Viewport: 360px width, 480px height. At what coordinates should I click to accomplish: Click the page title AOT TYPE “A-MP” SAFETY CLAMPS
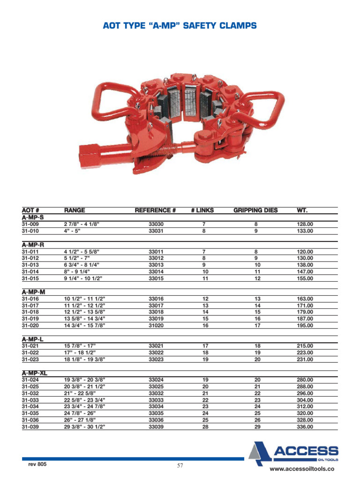[x=180, y=26]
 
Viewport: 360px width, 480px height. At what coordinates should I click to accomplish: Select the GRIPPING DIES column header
[x=255, y=210]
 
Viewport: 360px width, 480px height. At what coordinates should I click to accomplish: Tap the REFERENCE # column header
[x=155, y=210]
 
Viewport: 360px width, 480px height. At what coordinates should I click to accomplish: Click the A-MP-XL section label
[x=35, y=373]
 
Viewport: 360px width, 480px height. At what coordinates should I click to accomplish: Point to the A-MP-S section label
[x=32, y=217]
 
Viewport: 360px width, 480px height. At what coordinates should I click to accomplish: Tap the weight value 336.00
[x=305, y=427]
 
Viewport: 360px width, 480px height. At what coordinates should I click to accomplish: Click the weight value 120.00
[x=305, y=252]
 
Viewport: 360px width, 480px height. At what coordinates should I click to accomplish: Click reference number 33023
[x=156, y=360]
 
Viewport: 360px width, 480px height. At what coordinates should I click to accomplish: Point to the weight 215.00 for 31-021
[x=305, y=346]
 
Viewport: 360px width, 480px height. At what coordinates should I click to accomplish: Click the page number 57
[x=180, y=465]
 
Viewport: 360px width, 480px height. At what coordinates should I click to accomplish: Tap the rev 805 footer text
[x=38, y=464]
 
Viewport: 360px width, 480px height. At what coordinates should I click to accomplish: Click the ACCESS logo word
[x=306, y=451]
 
